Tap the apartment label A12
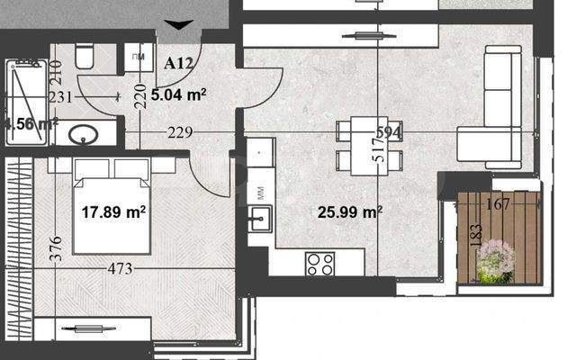click(180, 63)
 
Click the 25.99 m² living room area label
click(350, 212)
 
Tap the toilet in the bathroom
click(84, 58)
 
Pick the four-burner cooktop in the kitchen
click(320, 263)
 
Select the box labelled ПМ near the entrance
click(139, 58)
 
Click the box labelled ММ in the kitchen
click(260, 192)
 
